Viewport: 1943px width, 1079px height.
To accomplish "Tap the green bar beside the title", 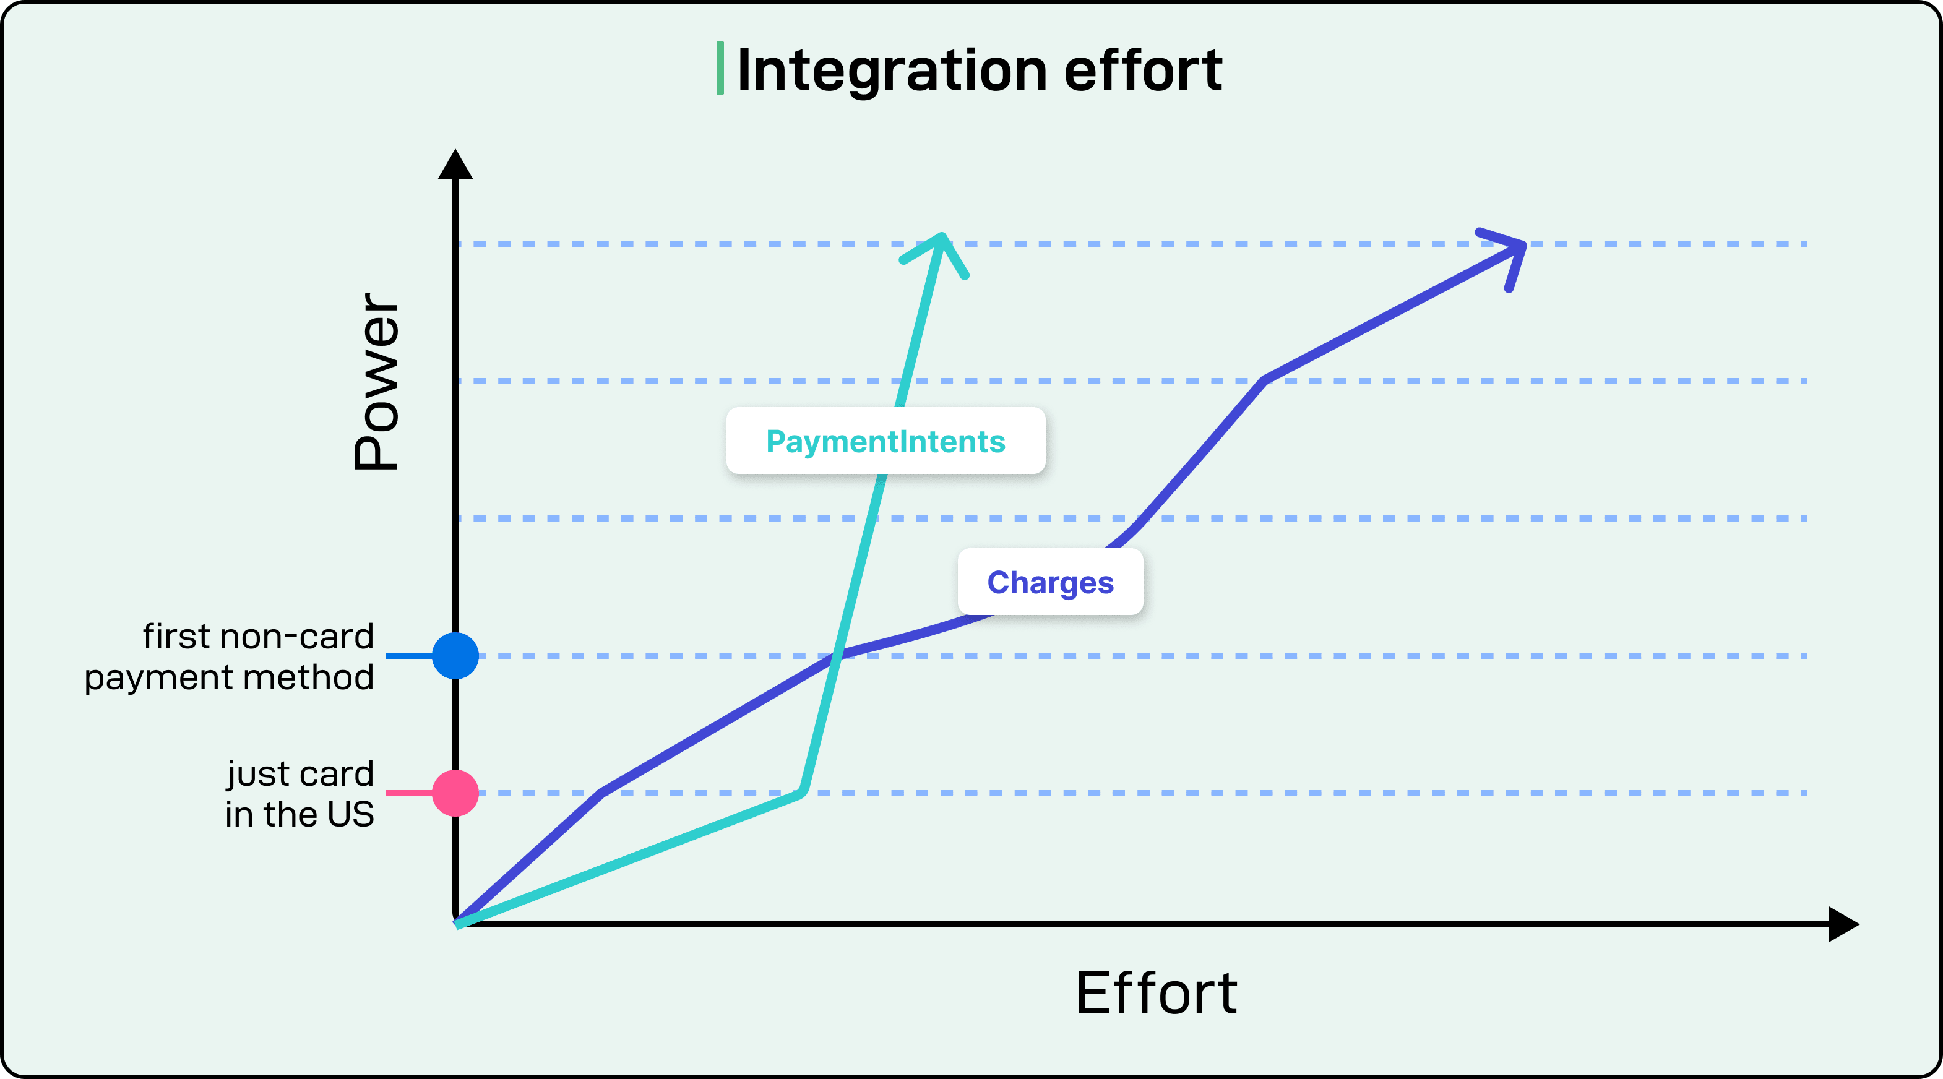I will coord(720,69).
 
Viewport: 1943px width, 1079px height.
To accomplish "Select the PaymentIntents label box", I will coord(885,441).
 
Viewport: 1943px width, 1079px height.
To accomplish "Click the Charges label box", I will coord(1050,582).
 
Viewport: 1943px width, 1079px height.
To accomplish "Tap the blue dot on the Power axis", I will coord(455,656).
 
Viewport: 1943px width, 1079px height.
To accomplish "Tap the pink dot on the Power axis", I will coord(455,793).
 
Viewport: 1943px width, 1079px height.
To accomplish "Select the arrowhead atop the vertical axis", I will coord(455,165).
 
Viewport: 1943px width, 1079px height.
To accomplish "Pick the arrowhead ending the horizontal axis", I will coord(1843,924).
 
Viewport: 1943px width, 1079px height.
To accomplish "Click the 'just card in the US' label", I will coord(299,794).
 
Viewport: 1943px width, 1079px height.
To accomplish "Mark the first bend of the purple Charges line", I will coord(601,792).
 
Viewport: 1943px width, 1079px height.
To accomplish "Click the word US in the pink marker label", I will coord(351,814).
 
